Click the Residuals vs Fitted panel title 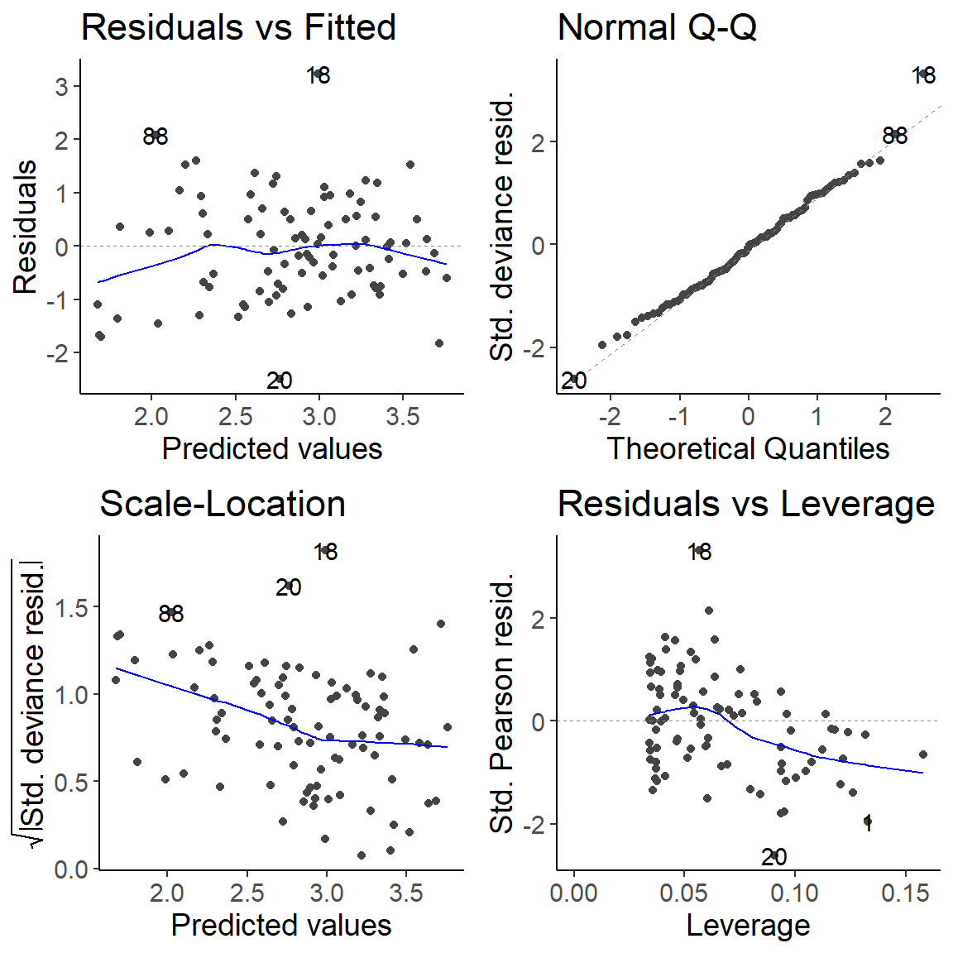(238, 27)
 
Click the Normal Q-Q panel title (657, 27)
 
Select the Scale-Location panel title (222, 504)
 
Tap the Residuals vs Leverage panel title (745, 504)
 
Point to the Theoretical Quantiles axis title (748, 448)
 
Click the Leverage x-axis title (748, 925)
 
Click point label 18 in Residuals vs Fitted (318, 76)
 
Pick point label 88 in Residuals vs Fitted (156, 136)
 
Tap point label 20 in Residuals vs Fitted (280, 381)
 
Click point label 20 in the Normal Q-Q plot (573, 381)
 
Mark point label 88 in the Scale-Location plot (170, 614)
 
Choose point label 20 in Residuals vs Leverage (773, 857)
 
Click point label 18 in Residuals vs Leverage (699, 552)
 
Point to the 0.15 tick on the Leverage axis (905, 893)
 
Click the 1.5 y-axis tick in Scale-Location (71, 608)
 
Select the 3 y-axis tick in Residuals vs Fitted (62, 87)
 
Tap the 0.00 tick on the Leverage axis (574, 893)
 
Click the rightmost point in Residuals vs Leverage (922, 754)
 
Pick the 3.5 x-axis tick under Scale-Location (406, 893)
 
